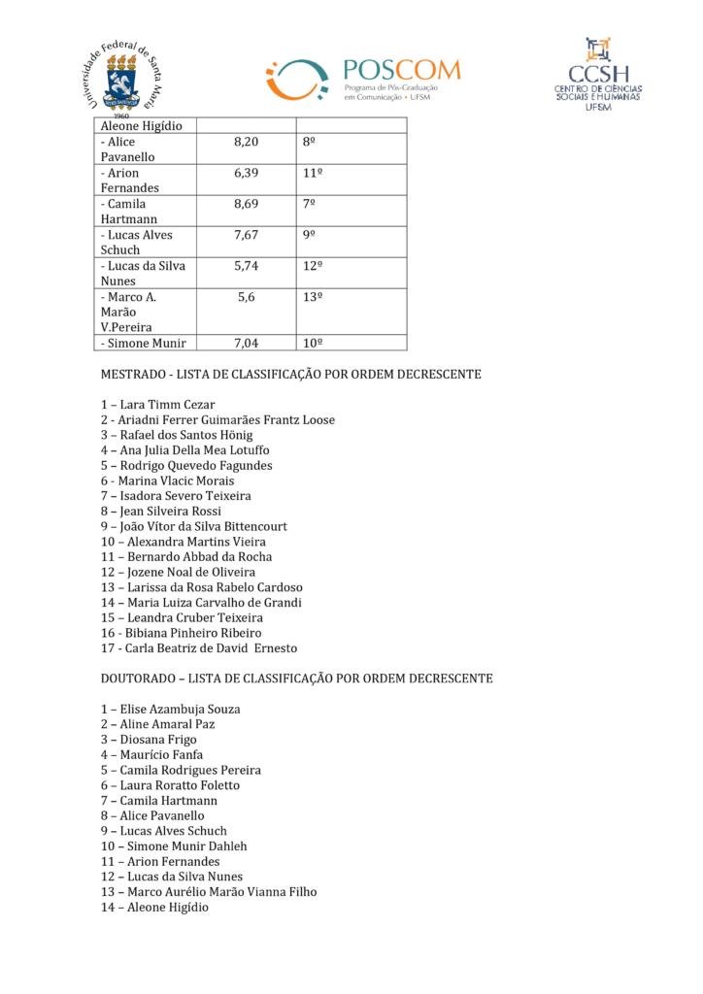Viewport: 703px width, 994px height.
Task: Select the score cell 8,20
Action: click(x=247, y=142)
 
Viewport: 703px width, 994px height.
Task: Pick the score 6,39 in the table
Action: click(x=247, y=173)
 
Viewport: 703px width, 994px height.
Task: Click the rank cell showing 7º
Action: click(x=311, y=204)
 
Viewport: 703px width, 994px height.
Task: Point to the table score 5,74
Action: click(x=247, y=266)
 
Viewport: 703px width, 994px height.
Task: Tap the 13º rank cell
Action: click(x=313, y=297)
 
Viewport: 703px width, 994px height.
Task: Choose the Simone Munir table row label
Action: click(x=142, y=343)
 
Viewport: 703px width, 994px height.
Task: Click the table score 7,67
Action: click(x=247, y=235)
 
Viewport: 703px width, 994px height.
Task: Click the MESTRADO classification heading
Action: click(x=291, y=374)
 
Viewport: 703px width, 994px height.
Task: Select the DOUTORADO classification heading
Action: click(x=296, y=678)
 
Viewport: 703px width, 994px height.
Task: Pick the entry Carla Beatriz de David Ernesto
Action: click(x=198, y=647)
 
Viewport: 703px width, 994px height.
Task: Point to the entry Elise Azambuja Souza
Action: click(x=170, y=709)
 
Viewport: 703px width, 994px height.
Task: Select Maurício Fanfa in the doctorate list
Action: click(x=154, y=754)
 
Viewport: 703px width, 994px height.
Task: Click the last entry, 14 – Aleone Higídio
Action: click(x=153, y=907)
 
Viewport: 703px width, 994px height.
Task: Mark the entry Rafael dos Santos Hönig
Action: click(x=176, y=435)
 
